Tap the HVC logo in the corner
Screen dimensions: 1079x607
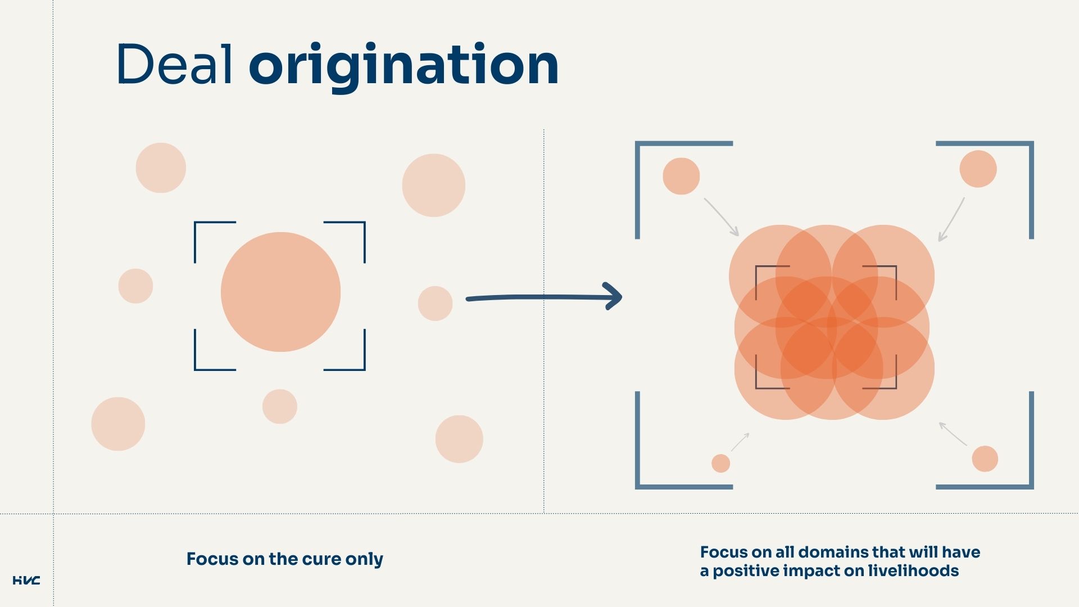click(x=26, y=580)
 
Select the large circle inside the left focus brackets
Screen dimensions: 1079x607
click(x=280, y=292)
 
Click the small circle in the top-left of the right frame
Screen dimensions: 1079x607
click(x=681, y=176)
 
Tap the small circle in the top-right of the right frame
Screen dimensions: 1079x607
click(x=978, y=169)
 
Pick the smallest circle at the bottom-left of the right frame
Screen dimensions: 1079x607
click(x=720, y=463)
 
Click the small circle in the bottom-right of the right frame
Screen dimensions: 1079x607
click(x=985, y=459)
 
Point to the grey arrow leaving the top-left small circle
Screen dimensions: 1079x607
click(x=722, y=217)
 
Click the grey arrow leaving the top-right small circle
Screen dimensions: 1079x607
click(x=951, y=220)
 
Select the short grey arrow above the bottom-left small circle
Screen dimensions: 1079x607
click(x=740, y=442)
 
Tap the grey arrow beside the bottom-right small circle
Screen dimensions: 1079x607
click(x=953, y=434)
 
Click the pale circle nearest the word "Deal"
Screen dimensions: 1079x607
click(x=161, y=167)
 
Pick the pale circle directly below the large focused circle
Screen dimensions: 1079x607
click(x=279, y=406)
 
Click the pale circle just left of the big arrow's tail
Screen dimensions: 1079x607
click(x=435, y=303)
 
